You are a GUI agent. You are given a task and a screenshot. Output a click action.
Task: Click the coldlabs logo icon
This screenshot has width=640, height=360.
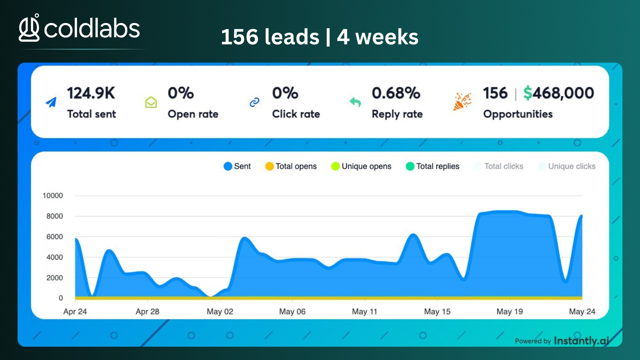coord(29,28)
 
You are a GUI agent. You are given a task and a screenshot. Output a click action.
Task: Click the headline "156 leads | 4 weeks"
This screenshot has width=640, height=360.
coord(320,37)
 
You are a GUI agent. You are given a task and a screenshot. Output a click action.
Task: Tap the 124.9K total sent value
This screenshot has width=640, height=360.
coord(91,93)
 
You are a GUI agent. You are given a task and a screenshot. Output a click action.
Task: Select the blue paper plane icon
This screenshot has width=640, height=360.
coord(51,102)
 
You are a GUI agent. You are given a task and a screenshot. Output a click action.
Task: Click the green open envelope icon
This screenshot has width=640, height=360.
coord(151,102)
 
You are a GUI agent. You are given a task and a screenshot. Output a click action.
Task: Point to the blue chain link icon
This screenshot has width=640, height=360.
coord(254,102)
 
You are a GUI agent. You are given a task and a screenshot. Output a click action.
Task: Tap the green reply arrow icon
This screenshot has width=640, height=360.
coord(355,102)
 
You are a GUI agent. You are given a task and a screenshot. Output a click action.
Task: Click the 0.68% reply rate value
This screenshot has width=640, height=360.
coord(396,93)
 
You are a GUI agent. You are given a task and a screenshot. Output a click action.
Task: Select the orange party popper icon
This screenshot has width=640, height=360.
coord(462,101)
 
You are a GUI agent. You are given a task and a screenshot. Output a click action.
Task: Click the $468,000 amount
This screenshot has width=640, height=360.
coord(559,93)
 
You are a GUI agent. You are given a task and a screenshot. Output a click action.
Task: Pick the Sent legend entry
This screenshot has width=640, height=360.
coord(237,166)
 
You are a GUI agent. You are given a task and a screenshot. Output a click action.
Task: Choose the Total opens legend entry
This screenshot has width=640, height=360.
coord(291,166)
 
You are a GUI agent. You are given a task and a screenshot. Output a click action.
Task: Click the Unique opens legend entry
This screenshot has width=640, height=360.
coord(361,166)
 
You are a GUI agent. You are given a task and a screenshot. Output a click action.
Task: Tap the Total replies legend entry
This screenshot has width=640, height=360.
coord(432,166)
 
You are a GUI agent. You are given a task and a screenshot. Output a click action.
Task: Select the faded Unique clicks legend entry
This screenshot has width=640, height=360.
coord(567,166)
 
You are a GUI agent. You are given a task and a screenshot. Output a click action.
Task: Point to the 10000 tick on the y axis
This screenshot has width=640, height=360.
coord(53,196)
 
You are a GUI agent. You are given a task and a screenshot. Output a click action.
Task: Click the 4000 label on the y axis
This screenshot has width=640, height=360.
coord(55,257)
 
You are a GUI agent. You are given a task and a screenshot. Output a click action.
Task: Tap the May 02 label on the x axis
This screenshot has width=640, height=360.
coord(220,312)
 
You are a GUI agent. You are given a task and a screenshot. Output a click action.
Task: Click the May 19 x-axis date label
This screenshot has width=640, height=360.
coord(510,312)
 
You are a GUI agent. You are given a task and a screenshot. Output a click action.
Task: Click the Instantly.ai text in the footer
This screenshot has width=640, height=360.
coord(581,341)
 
